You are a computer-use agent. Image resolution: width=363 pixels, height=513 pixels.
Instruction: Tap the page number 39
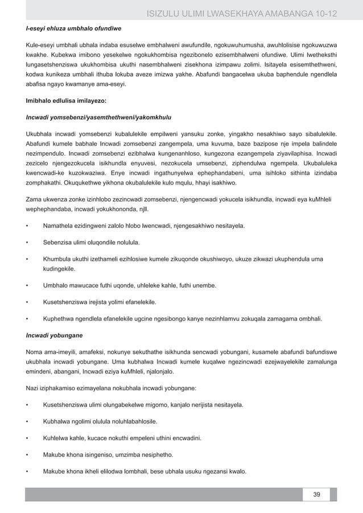316,494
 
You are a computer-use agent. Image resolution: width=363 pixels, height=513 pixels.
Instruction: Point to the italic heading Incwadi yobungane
53,335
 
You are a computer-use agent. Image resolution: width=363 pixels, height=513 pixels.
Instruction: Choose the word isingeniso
105,455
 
